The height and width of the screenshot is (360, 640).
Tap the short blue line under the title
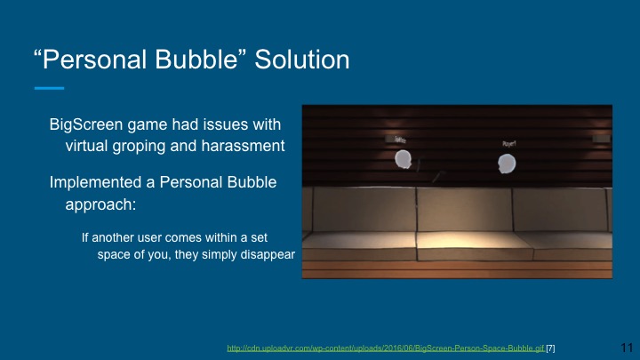click(49, 88)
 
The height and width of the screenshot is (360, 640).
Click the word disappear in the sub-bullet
click(264, 254)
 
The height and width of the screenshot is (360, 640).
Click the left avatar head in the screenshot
click(404, 159)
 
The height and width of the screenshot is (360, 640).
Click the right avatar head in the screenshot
click(507, 164)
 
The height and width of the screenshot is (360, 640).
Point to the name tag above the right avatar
click(508, 143)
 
